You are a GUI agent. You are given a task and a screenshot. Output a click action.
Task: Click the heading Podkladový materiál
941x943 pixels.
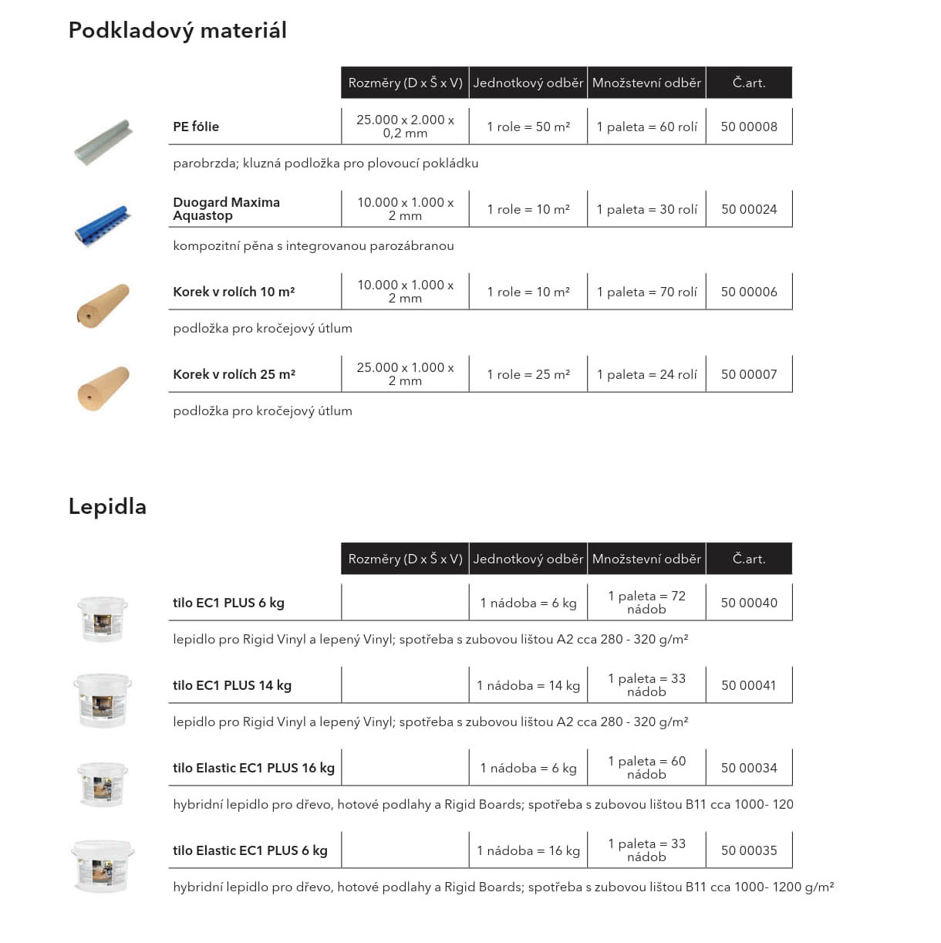pyautogui.click(x=177, y=30)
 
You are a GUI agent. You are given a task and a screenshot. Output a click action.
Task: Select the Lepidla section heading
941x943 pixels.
pyautogui.click(x=107, y=506)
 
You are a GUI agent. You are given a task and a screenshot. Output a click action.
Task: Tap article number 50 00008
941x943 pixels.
pyautogui.click(x=748, y=127)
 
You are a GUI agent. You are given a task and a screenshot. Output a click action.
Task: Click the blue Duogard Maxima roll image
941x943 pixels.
pyautogui.click(x=103, y=225)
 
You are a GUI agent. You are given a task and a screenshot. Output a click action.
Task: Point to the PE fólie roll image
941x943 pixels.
pyautogui.click(x=103, y=141)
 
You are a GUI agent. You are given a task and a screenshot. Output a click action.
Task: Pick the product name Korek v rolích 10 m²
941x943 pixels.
pyautogui.click(x=234, y=292)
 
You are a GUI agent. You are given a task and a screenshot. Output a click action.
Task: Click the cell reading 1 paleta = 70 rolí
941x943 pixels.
pyautogui.click(x=646, y=292)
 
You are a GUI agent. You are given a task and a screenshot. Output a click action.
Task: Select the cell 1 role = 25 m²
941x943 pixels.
pyautogui.click(x=528, y=374)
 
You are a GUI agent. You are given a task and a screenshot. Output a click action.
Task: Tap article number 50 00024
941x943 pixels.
pyautogui.click(x=748, y=209)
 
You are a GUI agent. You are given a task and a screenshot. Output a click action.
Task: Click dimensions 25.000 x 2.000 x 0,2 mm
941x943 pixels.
pyautogui.click(x=405, y=127)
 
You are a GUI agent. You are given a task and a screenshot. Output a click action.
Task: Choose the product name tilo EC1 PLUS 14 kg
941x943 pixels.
pyautogui.click(x=232, y=685)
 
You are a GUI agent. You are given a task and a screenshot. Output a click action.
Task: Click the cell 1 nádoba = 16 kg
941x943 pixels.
pyautogui.click(x=528, y=850)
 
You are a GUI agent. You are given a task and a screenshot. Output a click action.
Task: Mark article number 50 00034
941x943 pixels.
pyautogui.click(x=748, y=768)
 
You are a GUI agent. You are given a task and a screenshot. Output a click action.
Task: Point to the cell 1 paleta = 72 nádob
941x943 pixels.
pyautogui.click(x=646, y=603)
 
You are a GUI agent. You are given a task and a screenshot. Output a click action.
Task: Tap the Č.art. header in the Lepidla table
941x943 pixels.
pyautogui.click(x=748, y=559)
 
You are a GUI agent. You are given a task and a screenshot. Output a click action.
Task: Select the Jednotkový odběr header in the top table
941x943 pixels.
pyautogui.click(x=528, y=83)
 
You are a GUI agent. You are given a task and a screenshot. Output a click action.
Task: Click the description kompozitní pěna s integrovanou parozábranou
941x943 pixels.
pyautogui.click(x=313, y=246)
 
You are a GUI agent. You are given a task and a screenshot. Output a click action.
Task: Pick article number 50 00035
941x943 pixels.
pyautogui.click(x=748, y=850)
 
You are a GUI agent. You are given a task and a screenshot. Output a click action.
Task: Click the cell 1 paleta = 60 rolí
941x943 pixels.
pyautogui.click(x=646, y=127)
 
